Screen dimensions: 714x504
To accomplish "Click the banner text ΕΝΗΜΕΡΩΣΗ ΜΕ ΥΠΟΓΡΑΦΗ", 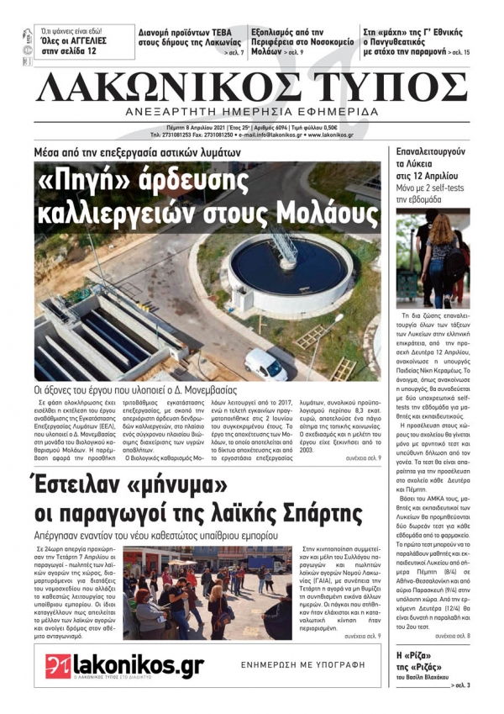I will click(305, 664).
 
